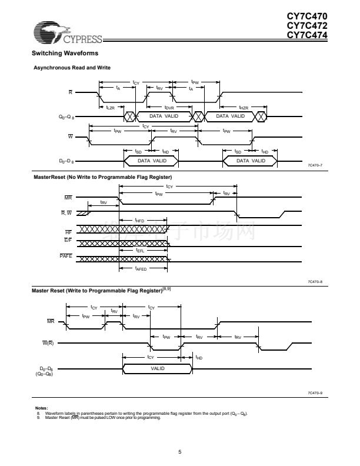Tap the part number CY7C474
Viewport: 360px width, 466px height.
point(307,34)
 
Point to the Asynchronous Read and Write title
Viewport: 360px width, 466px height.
point(72,68)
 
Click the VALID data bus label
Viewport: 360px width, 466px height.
point(157,368)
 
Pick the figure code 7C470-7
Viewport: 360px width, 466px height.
point(315,166)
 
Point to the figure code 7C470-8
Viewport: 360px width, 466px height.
point(315,282)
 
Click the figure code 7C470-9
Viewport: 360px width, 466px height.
point(315,392)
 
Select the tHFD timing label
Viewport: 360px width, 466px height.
point(139,220)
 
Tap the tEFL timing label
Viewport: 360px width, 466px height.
point(139,251)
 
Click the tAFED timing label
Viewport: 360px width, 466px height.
point(141,268)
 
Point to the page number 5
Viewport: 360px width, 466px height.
point(179,452)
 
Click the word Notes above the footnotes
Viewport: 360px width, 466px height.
point(41,408)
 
